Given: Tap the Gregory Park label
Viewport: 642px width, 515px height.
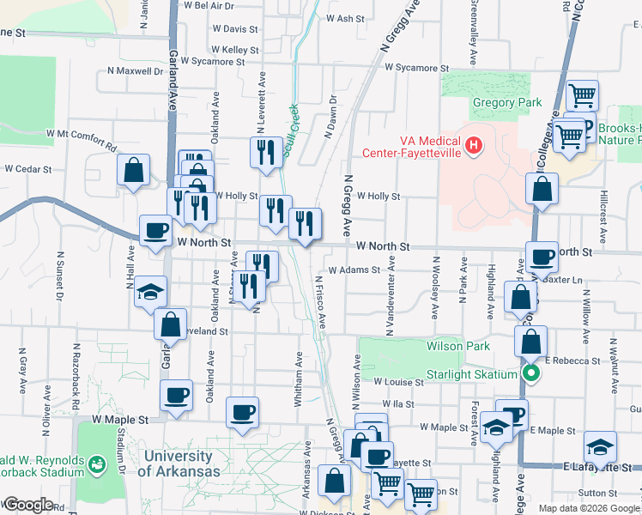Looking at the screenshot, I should click(507, 103).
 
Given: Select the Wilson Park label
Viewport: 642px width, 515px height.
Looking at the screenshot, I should click(458, 346).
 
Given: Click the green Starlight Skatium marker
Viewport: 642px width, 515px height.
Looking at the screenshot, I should click(531, 373).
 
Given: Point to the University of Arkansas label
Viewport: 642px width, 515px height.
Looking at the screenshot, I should click(174, 463).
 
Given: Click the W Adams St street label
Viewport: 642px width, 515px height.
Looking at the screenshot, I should click(354, 270).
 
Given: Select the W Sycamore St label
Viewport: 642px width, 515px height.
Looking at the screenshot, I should click(417, 67).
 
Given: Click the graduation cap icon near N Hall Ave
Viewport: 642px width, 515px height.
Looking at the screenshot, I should click(150, 292).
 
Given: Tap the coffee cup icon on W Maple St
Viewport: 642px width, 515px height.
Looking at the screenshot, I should click(241, 412).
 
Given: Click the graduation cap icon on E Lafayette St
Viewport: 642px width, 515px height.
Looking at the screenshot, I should click(600, 446).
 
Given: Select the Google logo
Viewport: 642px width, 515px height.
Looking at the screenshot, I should click(28, 505).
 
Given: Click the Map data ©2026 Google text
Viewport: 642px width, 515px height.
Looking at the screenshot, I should click(588, 508).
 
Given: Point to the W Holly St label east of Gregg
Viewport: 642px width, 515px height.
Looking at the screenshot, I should click(379, 196).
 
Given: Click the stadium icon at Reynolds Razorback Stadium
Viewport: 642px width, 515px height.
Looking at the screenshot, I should click(97, 464).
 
